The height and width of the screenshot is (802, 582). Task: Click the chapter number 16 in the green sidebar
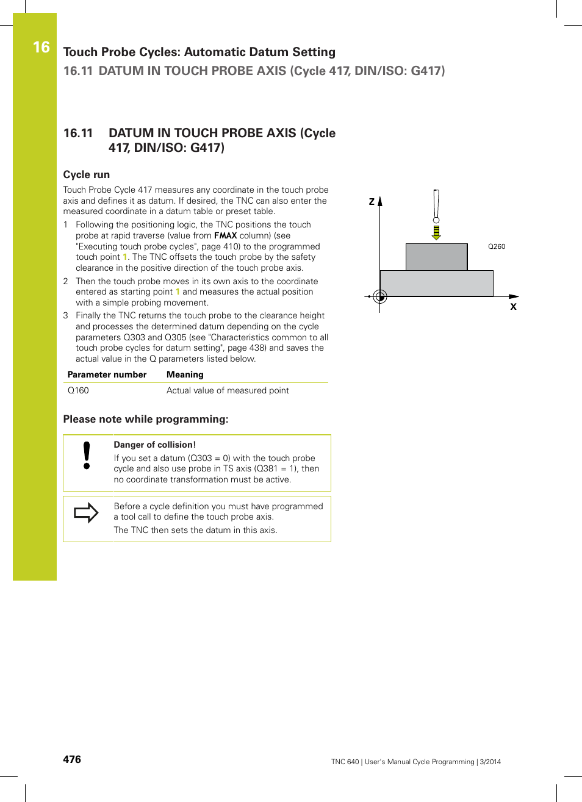tap(41, 47)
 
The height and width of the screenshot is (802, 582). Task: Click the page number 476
tap(72, 759)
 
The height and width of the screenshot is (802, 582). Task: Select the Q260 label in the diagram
tap(497, 246)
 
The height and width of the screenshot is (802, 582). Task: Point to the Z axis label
tap(372, 201)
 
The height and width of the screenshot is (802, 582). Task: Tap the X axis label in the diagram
tap(513, 307)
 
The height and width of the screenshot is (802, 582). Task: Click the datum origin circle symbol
tap(380, 296)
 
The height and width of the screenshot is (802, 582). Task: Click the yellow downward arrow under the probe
tap(436, 232)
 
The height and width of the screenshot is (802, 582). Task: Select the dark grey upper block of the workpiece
tap(436, 257)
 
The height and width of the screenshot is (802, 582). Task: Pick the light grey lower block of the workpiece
tap(436, 284)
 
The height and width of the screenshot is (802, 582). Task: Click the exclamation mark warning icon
tap(87, 456)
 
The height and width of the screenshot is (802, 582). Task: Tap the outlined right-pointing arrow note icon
tap(86, 513)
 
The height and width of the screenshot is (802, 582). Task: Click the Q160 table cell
tap(78, 390)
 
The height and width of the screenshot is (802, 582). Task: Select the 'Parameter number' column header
tap(107, 374)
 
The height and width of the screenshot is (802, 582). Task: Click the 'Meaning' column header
tap(185, 374)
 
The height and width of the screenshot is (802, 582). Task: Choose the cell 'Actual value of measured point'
tap(228, 390)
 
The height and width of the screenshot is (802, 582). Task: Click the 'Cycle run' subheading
tap(87, 174)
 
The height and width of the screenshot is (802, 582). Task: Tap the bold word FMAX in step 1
tap(225, 235)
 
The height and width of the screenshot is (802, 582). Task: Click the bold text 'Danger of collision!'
tap(154, 445)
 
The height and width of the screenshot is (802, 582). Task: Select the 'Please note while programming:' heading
tap(146, 419)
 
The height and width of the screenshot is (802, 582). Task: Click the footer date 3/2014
tap(490, 762)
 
